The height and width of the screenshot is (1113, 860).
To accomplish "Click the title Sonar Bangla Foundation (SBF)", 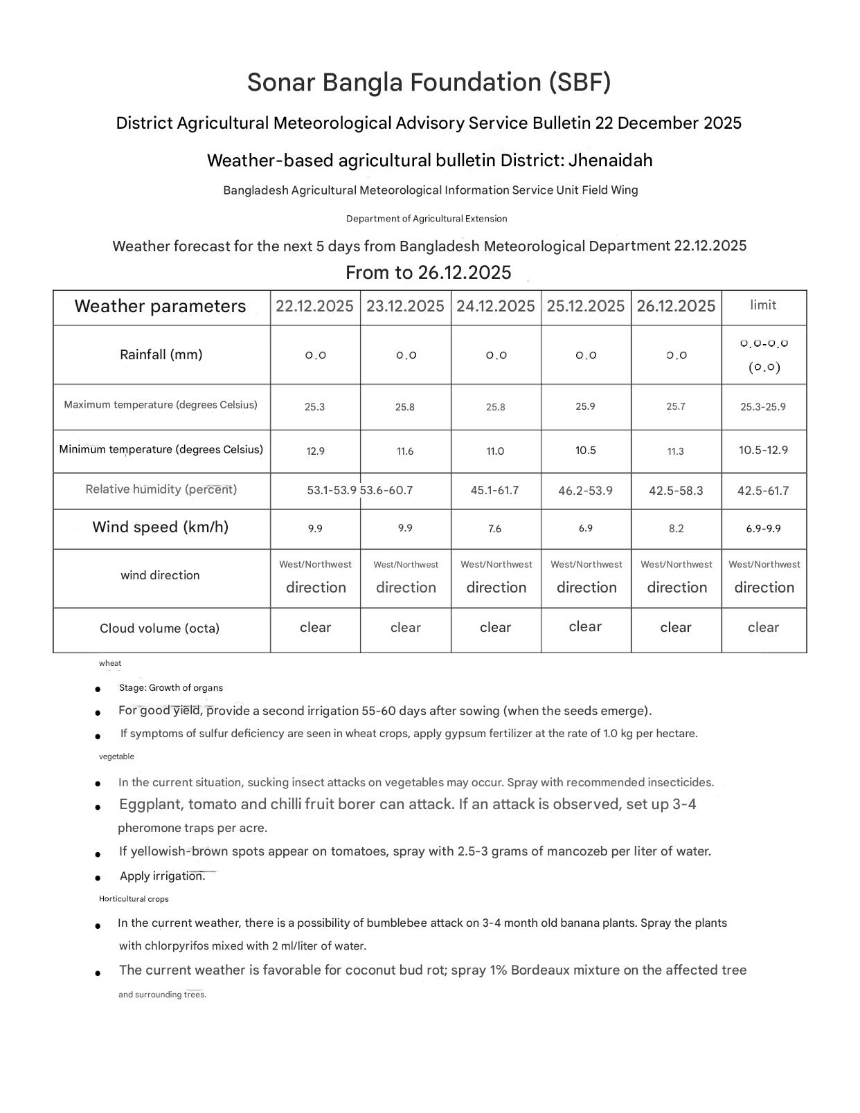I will coord(429,82).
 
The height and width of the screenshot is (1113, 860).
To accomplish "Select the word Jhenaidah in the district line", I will coord(611,161).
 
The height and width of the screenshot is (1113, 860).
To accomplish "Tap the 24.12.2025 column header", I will coord(495,306).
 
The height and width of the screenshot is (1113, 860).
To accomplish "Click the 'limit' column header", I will coord(763,305).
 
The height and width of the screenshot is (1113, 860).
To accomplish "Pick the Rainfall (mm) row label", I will coord(161,354).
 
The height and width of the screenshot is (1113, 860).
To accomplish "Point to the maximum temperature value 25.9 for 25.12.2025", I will coord(585,406).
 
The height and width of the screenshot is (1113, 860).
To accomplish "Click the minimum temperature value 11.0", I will coord(495,451).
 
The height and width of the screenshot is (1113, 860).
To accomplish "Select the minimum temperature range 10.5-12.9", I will coord(763,450).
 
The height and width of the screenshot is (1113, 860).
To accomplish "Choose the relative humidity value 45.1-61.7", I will coord(494,491).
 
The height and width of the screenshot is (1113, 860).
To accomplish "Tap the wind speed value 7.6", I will coord(494,529).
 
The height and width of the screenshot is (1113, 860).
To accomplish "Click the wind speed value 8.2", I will coord(676,529).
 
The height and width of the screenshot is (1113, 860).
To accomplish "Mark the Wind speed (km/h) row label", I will coord(161,527).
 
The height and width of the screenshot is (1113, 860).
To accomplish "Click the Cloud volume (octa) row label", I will coord(159,628).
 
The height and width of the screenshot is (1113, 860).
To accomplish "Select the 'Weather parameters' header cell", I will coord(160,307).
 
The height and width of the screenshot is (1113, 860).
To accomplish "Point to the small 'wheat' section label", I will coord(110,663).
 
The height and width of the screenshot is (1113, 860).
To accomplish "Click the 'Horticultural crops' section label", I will coord(134,899).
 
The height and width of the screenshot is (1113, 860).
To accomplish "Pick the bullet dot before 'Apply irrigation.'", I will coord(98,878).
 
